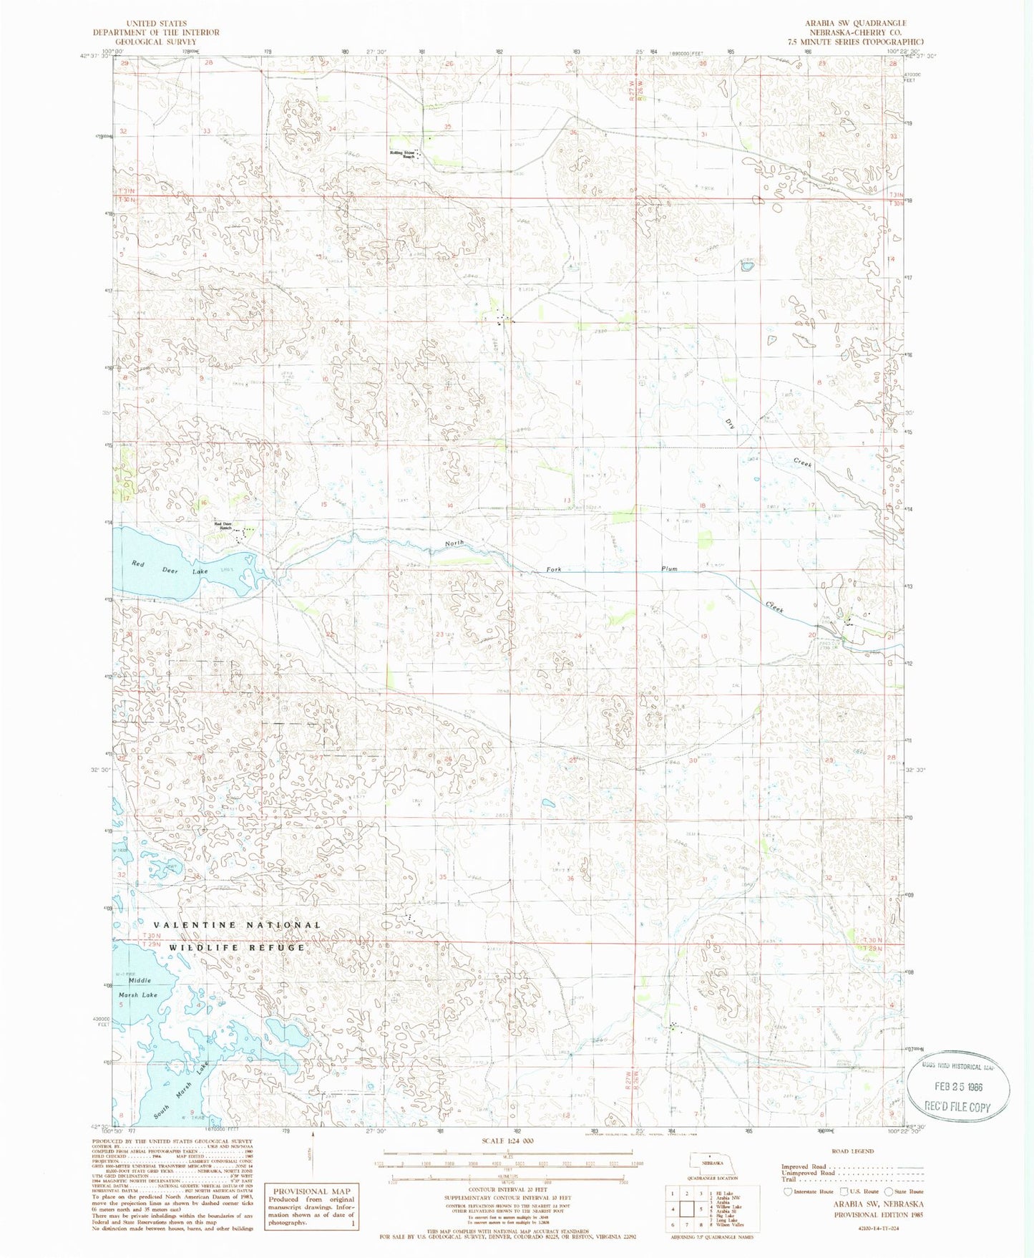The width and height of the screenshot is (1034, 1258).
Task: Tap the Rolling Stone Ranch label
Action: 402,154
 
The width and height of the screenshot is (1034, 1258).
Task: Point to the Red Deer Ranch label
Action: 224,526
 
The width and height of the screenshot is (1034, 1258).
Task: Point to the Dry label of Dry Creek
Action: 731,425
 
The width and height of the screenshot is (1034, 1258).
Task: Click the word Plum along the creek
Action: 669,569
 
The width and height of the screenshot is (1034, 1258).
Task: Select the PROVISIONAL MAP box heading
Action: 310,1191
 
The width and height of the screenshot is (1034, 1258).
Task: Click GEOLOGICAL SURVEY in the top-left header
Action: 156,42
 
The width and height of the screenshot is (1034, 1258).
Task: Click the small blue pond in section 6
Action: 746,267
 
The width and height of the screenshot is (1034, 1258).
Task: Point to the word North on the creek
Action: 454,543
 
